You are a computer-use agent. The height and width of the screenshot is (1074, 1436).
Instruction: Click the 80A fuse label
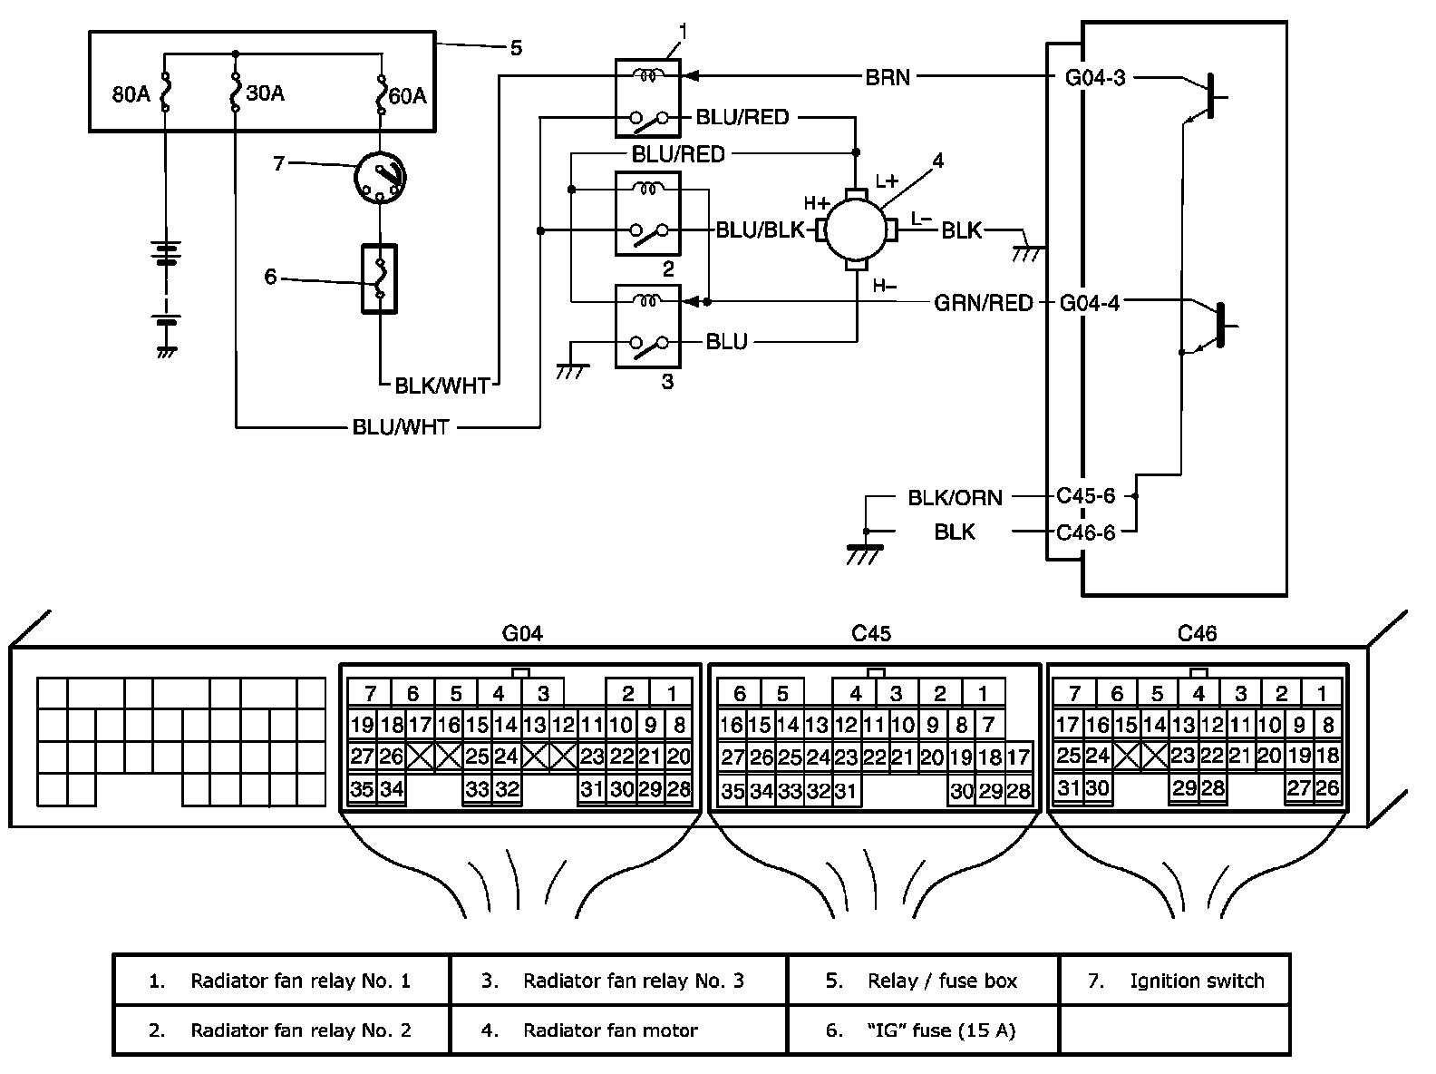pyautogui.click(x=131, y=94)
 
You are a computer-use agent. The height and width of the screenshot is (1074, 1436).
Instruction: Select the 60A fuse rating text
pyautogui.click(x=407, y=96)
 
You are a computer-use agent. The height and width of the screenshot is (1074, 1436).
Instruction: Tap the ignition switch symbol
pyautogui.click(x=380, y=177)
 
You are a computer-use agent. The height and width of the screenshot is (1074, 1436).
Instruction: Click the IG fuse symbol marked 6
pyautogui.click(x=380, y=278)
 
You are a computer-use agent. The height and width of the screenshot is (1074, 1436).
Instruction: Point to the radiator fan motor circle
pyautogui.click(x=856, y=230)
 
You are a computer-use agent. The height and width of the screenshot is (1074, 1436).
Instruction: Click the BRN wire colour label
pyautogui.click(x=888, y=77)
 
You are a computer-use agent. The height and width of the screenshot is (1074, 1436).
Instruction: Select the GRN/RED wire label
pyautogui.click(x=983, y=303)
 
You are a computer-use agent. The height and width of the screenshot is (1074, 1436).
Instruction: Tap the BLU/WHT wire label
pyautogui.click(x=401, y=426)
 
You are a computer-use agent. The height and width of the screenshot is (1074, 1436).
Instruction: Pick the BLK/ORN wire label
pyautogui.click(x=955, y=498)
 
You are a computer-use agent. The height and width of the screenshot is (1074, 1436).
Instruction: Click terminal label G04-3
pyautogui.click(x=1095, y=78)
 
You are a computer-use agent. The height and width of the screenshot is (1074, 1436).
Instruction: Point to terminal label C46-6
pyautogui.click(x=1086, y=532)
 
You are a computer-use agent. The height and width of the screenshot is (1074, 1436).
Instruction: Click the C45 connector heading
pyautogui.click(x=871, y=633)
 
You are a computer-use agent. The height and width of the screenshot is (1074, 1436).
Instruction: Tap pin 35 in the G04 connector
pyautogui.click(x=362, y=789)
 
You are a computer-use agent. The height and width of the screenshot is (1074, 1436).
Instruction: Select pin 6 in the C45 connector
pyautogui.click(x=739, y=693)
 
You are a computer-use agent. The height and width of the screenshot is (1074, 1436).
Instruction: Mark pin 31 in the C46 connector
pyautogui.click(x=1068, y=787)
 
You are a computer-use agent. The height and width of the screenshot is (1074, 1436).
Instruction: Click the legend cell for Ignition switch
pyautogui.click(x=1174, y=981)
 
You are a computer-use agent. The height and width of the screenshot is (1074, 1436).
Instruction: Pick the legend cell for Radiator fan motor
pyautogui.click(x=618, y=1030)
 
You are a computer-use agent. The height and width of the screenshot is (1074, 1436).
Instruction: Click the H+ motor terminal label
pyautogui.click(x=817, y=203)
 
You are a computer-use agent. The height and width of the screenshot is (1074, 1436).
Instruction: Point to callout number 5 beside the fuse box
pyautogui.click(x=516, y=48)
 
